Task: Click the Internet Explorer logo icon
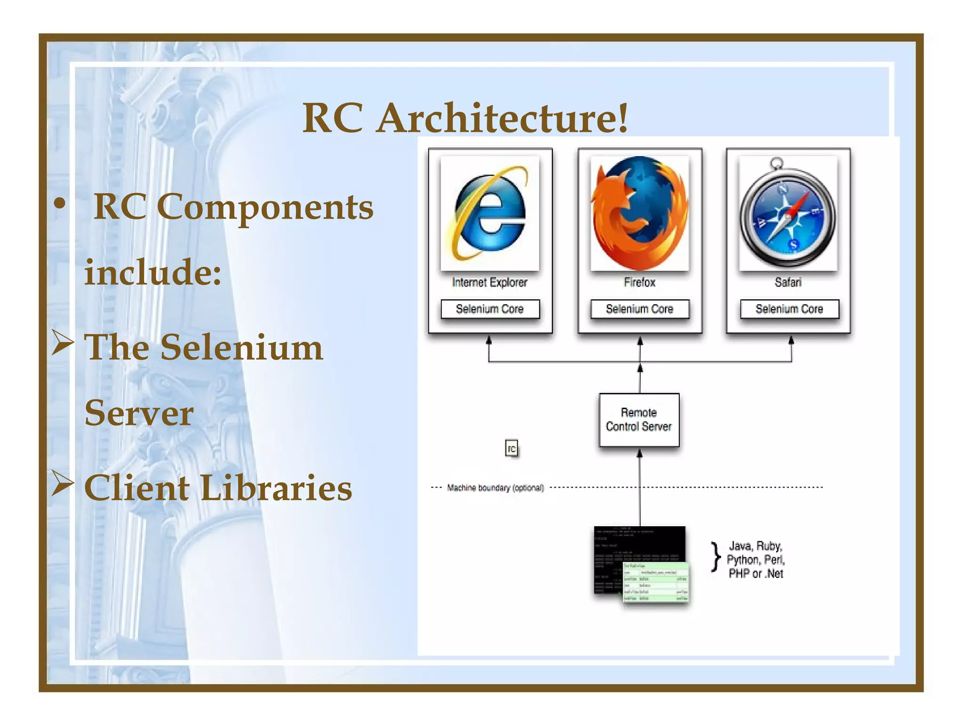[x=490, y=214]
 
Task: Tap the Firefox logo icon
[x=640, y=213]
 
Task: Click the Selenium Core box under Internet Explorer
[x=490, y=309]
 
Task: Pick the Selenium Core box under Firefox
[x=640, y=309]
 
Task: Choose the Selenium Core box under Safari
[x=789, y=309]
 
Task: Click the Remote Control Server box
[x=639, y=419]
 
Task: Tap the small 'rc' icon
[x=512, y=449]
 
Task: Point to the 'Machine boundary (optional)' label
[x=495, y=488]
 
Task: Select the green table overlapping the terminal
[x=656, y=582]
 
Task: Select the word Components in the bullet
[x=265, y=207]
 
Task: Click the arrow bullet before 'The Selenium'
[x=63, y=343]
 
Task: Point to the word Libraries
[x=276, y=488]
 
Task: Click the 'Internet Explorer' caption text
[x=490, y=282]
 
